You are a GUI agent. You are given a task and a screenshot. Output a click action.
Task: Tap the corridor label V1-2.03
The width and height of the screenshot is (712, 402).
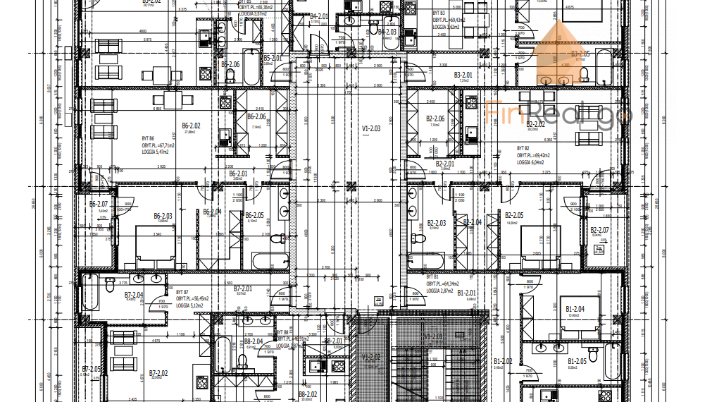click(x=371, y=128)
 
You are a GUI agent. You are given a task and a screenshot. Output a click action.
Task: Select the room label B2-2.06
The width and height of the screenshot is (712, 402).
click(x=435, y=119)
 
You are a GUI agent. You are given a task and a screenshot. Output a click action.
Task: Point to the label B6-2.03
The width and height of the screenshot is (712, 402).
click(x=163, y=217)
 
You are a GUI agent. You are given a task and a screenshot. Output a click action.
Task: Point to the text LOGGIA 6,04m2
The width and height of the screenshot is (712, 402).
click(x=532, y=163)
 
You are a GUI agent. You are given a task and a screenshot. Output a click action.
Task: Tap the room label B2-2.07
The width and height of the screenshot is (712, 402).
click(x=599, y=230)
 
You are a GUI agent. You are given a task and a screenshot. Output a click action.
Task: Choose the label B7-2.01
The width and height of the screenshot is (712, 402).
click(x=243, y=288)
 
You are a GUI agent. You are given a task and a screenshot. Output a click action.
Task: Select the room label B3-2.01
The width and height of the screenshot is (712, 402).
click(x=463, y=74)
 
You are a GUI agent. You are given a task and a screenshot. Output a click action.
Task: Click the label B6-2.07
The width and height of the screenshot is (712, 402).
click(x=98, y=204)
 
